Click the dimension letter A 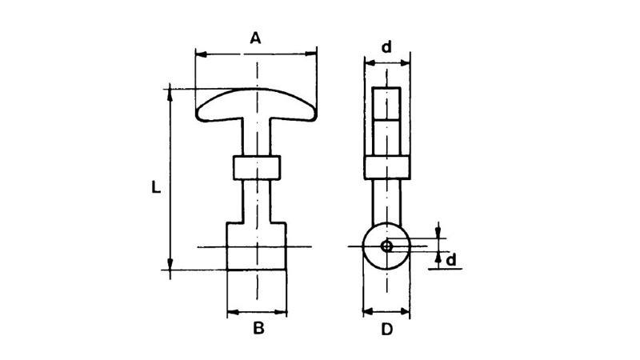tap(256, 38)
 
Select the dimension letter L tap(157, 187)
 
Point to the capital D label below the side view tap(386, 328)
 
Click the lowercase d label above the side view tap(386, 47)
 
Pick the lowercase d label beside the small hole tap(451, 260)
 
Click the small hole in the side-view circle tap(387, 246)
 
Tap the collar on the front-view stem tap(257, 168)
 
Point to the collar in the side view tap(387, 168)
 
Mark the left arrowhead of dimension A tap(201, 54)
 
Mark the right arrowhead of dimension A tap(313, 54)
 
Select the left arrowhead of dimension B tap(232, 310)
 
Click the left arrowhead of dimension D tap(368, 310)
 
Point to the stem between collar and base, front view tap(257, 200)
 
